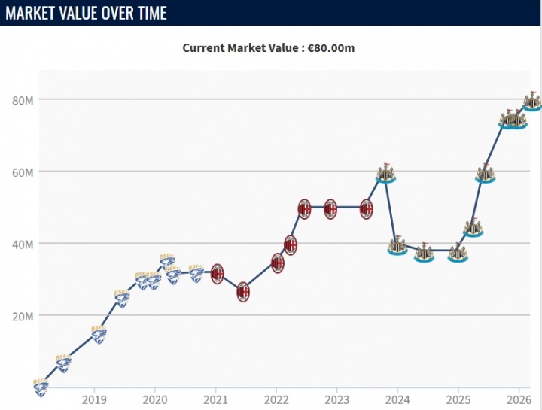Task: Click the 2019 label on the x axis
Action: (x=93, y=399)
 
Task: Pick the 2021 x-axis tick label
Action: (x=215, y=399)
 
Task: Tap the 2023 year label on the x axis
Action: (x=336, y=399)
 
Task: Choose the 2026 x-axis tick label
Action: (x=519, y=399)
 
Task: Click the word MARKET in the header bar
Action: (x=35, y=13)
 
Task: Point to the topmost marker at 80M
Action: (x=532, y=101)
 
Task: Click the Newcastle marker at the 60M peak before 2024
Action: (x=385, y=173)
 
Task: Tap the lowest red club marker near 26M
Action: (x=242, y=293)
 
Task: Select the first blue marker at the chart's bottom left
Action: (x=41, y=387)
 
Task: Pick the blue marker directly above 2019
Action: (x=99, y=334)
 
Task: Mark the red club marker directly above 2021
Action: (x=217, y=273)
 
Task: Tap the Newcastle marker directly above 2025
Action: (x=457, y=253)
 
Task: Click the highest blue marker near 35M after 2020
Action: (x=167, y=261)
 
